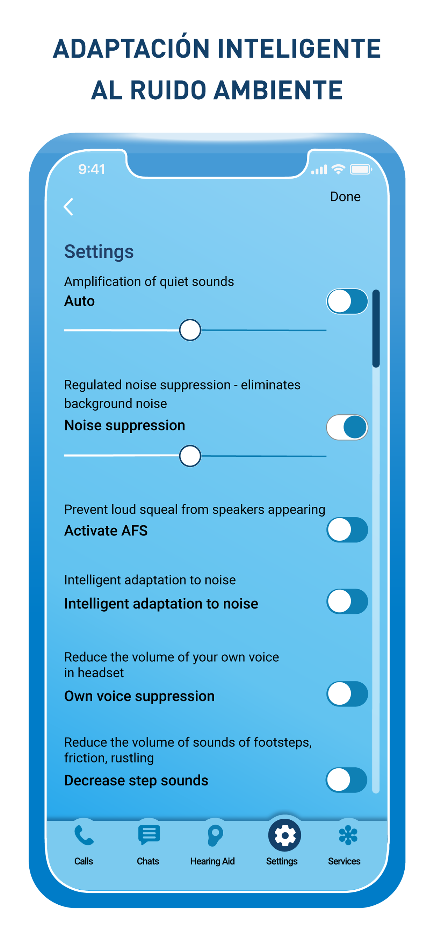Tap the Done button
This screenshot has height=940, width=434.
pyautogui.click(x=345, y=197)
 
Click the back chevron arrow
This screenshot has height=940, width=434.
pyautogui.click(x=68, y=207)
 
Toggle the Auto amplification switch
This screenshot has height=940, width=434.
pyautogui.click(x=347, y=301)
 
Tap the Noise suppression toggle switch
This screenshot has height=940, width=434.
pyautogui.click(x=347, y=427)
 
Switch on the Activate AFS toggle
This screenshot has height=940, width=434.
pyautogui.click(x=347, y=530)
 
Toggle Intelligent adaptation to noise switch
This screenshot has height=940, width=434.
pyautogui.click(x=347, y=601)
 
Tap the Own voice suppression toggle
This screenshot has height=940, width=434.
pyautogui.click(x=347, y=694)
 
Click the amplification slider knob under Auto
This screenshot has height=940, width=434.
pyautogui.click(x=190, y=330)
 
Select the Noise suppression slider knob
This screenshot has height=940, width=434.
pyautogui.click(x=190, y=456)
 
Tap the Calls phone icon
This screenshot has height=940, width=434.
pyautogui.click(x=84, y=836)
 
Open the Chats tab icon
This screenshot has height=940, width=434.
pyautogui.click(x=149, y=835)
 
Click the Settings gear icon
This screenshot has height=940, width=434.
pyautogui.click(x=284, y=835)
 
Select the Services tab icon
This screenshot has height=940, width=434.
pyautogui.click(x=348, y=835)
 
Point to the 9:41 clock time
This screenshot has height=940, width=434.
pyautogui.click(x=92, y=169)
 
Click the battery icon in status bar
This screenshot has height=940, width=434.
pyautogui.click(x=361, y=169)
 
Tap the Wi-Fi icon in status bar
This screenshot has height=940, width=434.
pyautogui.click(x=339, y=169)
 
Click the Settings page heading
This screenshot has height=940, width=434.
pyautogui.click(x=99, y=252)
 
